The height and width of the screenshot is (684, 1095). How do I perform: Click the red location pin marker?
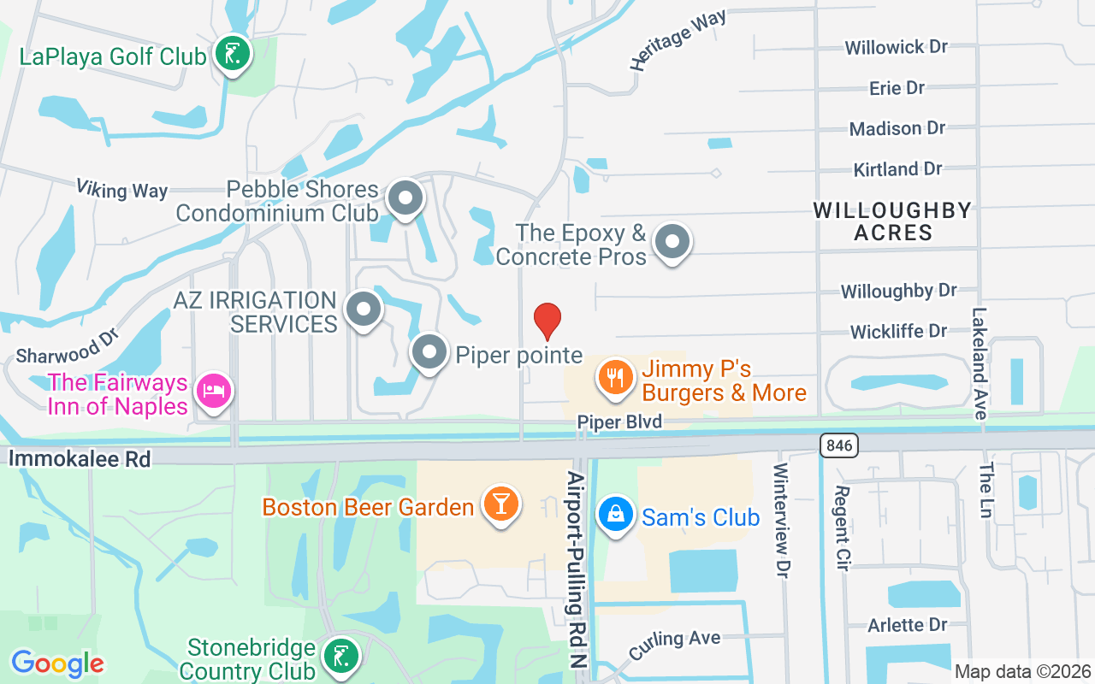click(547, 321)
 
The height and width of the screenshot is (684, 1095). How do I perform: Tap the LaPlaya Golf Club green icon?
click(233, 55)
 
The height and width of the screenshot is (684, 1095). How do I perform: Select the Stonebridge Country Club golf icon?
click(341, 656)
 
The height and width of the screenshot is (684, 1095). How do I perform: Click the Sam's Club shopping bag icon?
click(615, 515)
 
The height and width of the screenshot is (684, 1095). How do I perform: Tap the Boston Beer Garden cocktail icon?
click(500, 504)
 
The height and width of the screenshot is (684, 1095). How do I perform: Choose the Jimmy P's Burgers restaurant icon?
click(614, 376)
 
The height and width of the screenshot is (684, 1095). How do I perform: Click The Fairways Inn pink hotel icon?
click(213, 391)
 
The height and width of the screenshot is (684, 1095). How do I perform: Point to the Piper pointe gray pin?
click(429, 352)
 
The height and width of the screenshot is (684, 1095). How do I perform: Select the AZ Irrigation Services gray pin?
click(364, 310)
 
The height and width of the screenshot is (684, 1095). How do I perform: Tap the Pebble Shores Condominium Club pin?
click(405, 198)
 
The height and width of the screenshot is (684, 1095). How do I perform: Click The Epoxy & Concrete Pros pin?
click(672, 242)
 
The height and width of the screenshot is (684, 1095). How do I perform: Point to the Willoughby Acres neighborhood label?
click(892, 221)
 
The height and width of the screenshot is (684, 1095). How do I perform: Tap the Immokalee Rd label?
click(79, 459)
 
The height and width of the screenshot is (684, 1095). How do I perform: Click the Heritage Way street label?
click(678, 39)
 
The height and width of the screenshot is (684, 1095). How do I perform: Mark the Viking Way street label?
click(121, 189)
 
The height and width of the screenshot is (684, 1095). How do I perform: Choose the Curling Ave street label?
click(674, 645)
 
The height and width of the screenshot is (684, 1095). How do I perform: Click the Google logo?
click(57, 663)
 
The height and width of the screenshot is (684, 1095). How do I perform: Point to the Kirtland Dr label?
click(897, 169)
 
